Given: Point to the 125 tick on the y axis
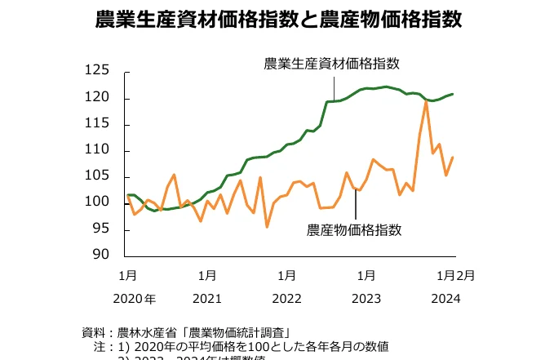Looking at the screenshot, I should (x=98, y=72).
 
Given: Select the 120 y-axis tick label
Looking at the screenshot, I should (x=98, y=98).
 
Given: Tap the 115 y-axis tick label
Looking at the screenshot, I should (x=98, y=124).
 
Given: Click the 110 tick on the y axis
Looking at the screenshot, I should (x=98, y=150).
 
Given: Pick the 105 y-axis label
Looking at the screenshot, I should (x=98, y=176).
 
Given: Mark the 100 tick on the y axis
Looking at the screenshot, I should (x=98, y=202).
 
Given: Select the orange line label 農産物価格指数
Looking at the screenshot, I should (x=355, y=229).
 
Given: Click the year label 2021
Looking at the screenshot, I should (x=208, y=299).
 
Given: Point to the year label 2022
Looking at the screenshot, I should (x=287, y=299).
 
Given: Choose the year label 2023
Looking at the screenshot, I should (x=366, y=299).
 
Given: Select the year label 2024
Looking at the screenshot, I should (x=445, y=299).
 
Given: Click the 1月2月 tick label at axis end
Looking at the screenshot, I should (x=454, y=275).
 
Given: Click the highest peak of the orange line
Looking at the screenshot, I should (x=426, y=101).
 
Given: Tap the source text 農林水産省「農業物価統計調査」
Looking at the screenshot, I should (x=205, y=332).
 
